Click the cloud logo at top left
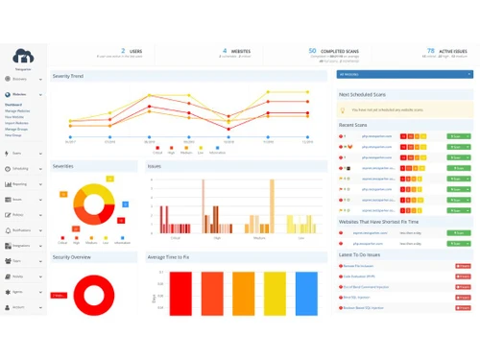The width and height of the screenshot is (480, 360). pyautogui.click(x=23, y=57)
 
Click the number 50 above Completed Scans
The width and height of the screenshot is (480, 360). pyautogui.click(x=312, y=50)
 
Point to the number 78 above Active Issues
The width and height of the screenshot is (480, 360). pyautogui.click(x=429, y=50)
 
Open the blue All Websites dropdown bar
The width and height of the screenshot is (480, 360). pyautogui.click(x=403, y=73)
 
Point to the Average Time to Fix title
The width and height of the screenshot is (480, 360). pyautogui.click(x=176, y=257)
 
